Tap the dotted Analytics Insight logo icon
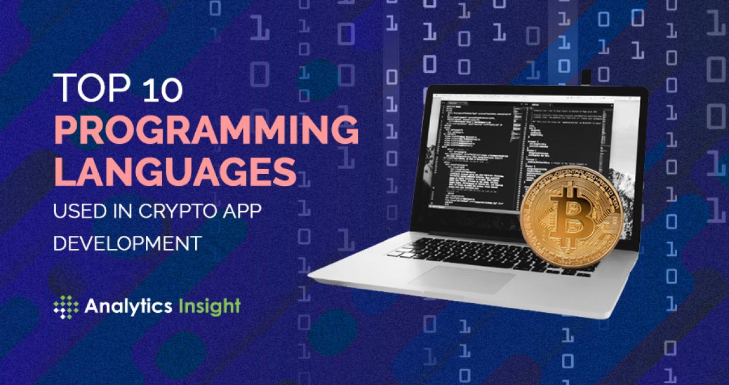tap(66, 307)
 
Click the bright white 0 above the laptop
tap(430, 63)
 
